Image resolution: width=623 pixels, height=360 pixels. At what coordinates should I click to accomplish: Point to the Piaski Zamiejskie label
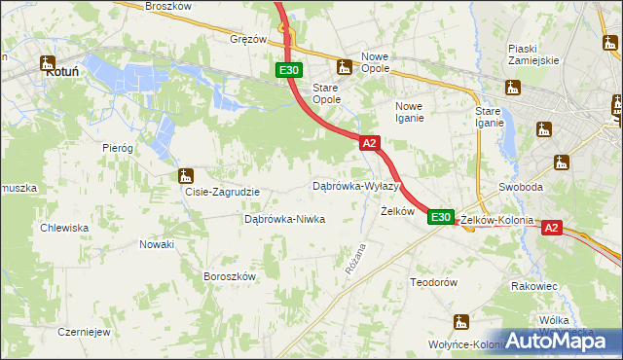coord(533,54)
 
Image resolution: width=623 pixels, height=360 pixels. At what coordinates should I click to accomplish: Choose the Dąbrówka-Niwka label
coord(284,219)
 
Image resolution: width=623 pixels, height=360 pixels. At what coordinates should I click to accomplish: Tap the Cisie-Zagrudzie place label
coord(222,192)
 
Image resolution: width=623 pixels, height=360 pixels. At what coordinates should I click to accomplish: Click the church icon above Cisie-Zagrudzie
coord(186,176)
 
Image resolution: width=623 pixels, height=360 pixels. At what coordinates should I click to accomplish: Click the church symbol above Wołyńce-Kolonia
coord(461,323)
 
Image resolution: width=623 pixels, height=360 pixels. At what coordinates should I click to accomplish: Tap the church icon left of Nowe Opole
coord(343,67)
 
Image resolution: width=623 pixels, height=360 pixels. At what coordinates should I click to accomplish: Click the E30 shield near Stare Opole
coord(289,70)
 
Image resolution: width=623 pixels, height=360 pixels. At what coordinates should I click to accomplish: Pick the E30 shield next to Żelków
coord(441,217)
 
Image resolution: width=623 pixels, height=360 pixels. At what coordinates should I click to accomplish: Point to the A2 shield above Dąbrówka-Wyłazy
coord(369,143)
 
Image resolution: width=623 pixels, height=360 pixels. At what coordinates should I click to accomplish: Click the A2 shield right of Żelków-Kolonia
coord(551,228)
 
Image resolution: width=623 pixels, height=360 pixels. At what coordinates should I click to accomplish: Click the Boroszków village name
coord(229,276)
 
